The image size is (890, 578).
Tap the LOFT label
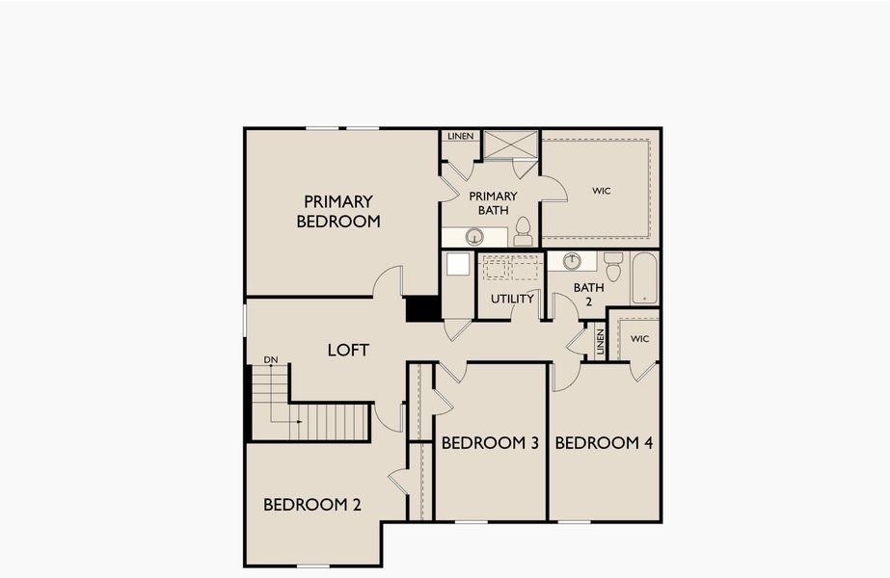pos(348,350)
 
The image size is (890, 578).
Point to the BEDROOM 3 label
pos(489,443)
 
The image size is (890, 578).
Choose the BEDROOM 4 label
pos(604,443)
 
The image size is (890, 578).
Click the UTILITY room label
pos(512,299)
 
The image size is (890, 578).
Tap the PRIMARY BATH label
pos(493,202)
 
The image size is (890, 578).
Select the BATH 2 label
pos(588,294)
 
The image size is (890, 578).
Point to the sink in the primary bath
pos(474,236)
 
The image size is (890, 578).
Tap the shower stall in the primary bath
pos(509,144)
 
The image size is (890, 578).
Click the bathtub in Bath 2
pos(644,277)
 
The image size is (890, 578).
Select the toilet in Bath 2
pos(612,266)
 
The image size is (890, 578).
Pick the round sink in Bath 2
pos(573,261)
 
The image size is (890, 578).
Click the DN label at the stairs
pos(271,359)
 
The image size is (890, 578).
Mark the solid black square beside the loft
pos(422,308)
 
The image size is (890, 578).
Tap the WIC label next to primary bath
pos(602,191)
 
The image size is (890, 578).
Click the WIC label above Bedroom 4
pos(640,339)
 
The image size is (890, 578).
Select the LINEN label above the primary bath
pos(460,136)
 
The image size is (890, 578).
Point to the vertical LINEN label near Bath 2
pos(599,343)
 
